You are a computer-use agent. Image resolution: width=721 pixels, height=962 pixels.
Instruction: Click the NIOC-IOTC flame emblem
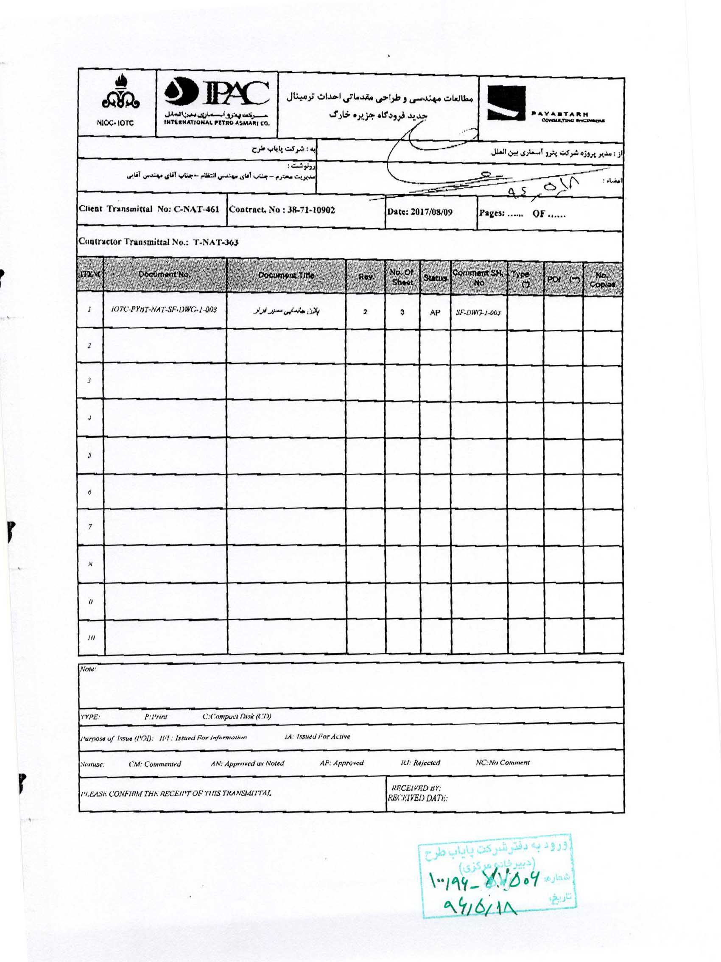116,98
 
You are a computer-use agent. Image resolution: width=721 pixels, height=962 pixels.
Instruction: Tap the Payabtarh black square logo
506,103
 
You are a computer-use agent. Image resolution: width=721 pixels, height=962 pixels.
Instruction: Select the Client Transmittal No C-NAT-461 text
149,209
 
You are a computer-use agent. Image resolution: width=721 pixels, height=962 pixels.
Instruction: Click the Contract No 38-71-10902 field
282,210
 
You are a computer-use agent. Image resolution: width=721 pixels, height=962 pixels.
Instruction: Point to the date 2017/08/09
419,212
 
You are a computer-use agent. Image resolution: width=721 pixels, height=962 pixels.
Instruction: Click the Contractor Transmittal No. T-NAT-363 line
158,242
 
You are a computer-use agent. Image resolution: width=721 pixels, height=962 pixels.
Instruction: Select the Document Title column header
286,275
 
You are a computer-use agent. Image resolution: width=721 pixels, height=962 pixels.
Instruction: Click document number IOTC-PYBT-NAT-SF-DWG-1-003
165,310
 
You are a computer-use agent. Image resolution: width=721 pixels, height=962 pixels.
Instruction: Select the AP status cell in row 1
435,312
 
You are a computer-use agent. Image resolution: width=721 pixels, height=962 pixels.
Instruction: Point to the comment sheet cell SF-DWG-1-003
478,313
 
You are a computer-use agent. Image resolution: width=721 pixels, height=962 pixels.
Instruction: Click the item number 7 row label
90,527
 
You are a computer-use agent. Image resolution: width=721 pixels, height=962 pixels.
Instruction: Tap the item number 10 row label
91,638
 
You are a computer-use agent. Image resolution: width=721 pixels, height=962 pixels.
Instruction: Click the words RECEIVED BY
416,788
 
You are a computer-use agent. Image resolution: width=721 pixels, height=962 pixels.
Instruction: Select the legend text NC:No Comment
503,762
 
